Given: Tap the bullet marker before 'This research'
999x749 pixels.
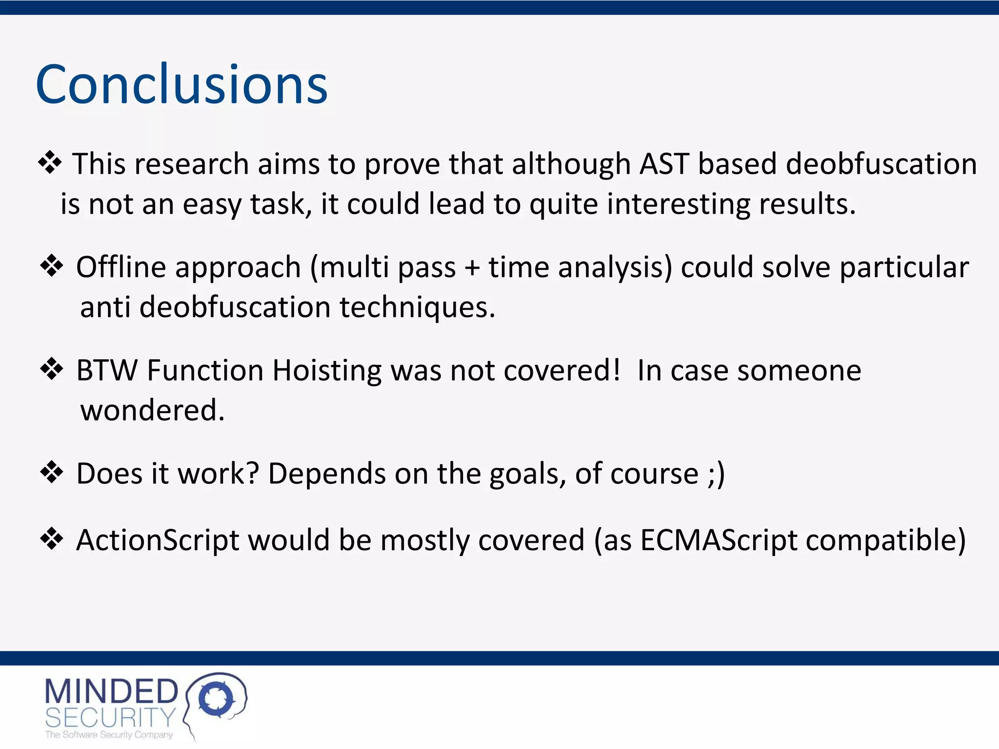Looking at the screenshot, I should pos(50,163).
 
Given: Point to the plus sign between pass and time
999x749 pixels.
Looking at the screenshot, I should pos(472,268).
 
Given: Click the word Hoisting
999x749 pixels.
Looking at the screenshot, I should pos(326,371).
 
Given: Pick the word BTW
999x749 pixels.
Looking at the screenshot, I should pos(107,371).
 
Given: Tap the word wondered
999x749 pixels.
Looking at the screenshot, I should pos(152,410).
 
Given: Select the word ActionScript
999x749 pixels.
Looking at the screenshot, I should pos(158,540).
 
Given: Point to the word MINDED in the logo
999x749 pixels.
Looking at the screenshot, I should pos(112,691).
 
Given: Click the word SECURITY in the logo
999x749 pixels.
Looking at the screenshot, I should pos(110,718).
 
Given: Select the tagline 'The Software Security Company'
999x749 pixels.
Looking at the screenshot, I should pos(109,735).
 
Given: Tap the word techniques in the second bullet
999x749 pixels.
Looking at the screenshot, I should pos(417,307).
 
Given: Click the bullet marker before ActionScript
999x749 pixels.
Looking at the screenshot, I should pos(52,539).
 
